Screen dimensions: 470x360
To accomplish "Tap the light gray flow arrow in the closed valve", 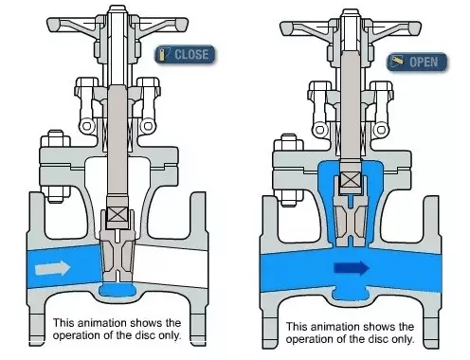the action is tap(52, 268).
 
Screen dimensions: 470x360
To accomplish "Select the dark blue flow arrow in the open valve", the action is tap(352, 268).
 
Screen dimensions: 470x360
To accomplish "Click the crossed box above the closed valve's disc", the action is tap(117, 215).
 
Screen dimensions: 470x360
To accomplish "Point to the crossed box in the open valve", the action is tap(351, 180).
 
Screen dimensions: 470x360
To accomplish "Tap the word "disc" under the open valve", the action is tap(379, 339).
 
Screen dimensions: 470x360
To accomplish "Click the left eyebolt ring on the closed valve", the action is tap(87, 126).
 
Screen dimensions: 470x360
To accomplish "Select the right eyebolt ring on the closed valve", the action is tap(147, 126).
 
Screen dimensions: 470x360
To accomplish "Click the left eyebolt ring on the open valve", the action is tap(320, 130).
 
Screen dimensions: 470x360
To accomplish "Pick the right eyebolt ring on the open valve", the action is tap(381, 130).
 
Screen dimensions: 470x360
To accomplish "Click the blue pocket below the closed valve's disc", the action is tap(117, 290).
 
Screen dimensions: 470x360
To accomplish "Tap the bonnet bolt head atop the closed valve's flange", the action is tap(56, 138).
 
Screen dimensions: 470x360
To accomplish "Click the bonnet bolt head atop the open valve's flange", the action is tap(289, 142).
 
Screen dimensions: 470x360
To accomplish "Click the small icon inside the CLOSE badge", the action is tap(163, 54).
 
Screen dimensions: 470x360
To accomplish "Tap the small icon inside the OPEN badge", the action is tap(397, 61).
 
